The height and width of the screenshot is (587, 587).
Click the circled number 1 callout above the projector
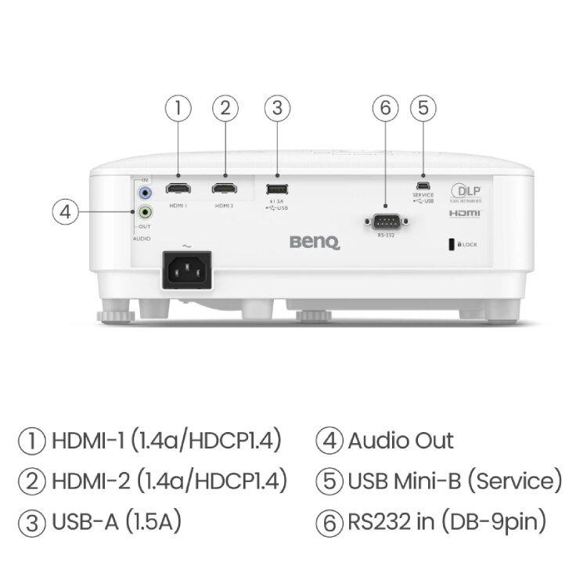[179, 109]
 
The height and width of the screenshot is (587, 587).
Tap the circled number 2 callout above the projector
[225, 109]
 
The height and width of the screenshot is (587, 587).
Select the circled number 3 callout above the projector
[275, 109]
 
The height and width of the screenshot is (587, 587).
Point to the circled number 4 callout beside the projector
[66, 211]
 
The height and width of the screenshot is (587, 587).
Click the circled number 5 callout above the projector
[423, 109]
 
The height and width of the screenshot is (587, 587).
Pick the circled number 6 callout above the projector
[384, 109]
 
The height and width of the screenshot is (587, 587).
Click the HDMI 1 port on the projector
[179, 189]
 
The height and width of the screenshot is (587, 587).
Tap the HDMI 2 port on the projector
[225, 189]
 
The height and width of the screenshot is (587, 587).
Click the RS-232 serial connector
[384, 221]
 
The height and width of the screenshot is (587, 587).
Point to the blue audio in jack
[145, 191]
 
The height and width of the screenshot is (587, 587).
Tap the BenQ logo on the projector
[315, 243]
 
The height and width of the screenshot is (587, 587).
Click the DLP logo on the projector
[464, 192]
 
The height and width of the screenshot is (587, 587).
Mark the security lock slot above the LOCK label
[451, 244]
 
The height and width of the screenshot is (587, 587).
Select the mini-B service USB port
[423, 185]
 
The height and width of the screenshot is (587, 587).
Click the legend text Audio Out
[400, 440]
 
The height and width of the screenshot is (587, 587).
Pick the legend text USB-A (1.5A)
[117, 521]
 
